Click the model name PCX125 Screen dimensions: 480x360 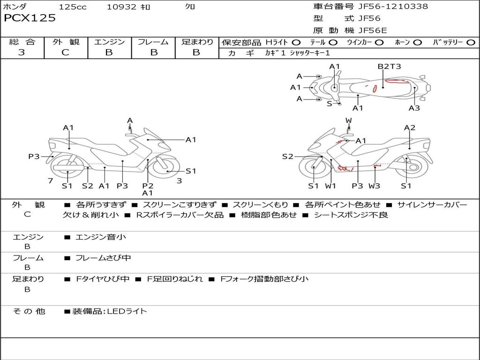30,18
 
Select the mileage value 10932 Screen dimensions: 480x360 121,7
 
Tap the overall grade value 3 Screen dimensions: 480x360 22,52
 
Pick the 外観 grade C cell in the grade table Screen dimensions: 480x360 66,52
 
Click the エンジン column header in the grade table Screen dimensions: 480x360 109,42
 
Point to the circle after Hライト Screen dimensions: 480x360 296,42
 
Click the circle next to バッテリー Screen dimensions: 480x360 471,42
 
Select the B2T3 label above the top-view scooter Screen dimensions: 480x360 389,66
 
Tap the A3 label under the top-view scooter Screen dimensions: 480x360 414,108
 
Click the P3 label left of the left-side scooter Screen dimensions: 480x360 34,157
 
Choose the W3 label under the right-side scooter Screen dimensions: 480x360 374,186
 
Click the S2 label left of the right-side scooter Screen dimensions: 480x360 287,157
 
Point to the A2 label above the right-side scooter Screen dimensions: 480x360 409,127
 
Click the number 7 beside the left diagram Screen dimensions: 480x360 50,181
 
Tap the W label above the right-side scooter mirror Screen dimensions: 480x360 348,120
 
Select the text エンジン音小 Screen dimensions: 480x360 100,237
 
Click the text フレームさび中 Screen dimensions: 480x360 103,258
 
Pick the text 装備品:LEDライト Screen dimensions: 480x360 109,311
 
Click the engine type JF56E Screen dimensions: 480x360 373,30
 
